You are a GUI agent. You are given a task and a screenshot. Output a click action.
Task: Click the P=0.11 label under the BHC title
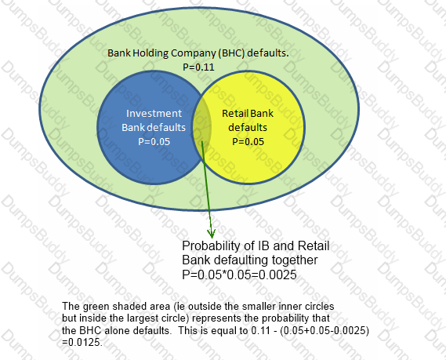click(x=198, y=67)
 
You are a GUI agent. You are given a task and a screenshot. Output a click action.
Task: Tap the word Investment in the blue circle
click(x=154, y=113)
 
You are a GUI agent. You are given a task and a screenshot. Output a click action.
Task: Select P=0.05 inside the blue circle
click(x=154, y=141)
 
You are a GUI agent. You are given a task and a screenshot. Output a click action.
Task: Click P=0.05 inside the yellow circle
click(x=248, y=141)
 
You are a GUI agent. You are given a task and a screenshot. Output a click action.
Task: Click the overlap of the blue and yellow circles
click(x=202, y=127)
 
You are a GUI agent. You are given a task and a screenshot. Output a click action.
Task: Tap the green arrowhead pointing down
click(x=211, y=233)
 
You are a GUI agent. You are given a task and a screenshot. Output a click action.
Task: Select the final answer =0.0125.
click(x=82, y=342)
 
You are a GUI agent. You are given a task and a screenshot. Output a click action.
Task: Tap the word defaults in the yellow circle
click(x=248, y=128)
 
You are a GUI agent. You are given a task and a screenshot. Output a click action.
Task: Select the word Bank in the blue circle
click(x=132, y=128)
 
